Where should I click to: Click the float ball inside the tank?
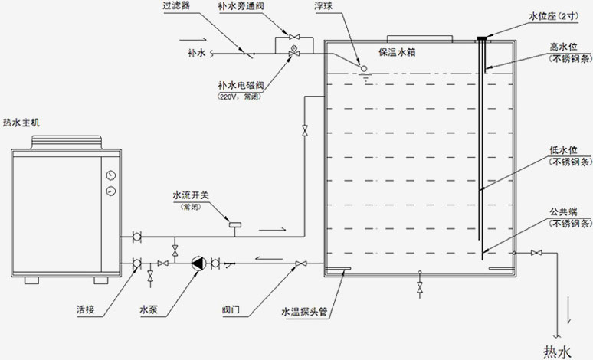coord(363,68)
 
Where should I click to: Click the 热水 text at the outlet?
coord(557,352)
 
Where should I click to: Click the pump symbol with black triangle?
coord(198,263)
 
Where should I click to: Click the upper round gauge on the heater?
coord(113,174)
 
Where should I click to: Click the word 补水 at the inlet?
coord(198,54)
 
